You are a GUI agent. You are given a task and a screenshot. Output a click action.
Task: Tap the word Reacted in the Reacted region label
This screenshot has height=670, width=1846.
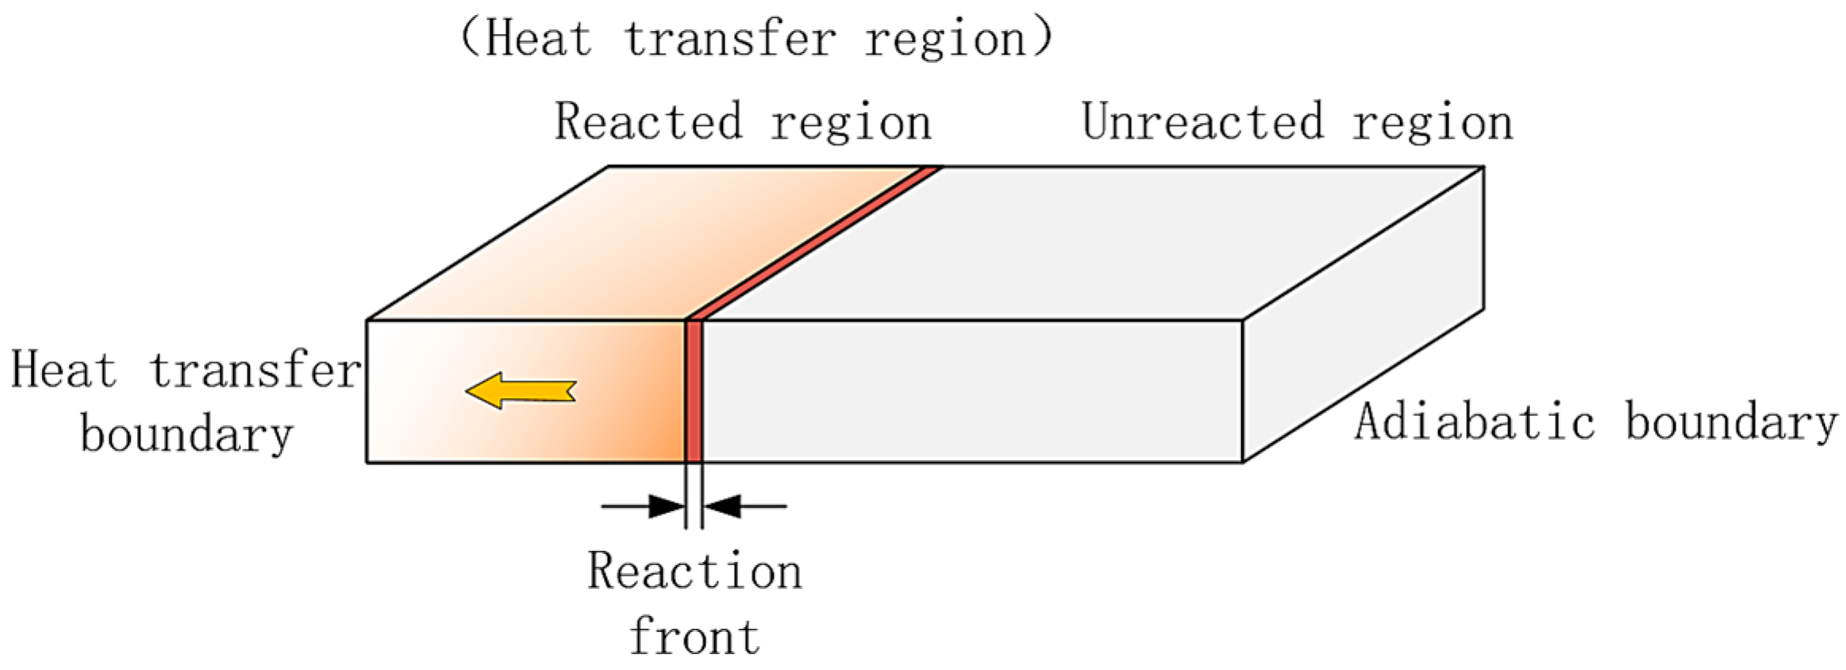tap(648, 122)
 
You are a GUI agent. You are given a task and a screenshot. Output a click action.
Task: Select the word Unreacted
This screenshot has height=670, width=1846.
tap(1203, 122)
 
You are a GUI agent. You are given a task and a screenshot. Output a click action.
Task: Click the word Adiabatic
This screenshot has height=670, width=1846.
tap(1475, 422)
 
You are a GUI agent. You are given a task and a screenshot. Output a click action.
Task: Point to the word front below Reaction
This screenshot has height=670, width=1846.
tap(694, 637)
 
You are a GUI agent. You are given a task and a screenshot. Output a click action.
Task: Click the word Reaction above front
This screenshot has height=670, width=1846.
tap(694, 571)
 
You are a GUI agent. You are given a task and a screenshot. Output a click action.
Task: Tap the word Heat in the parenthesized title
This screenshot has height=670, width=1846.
tap(539, 39)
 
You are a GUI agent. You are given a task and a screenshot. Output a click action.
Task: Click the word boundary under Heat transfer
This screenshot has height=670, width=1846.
tap(187, 435)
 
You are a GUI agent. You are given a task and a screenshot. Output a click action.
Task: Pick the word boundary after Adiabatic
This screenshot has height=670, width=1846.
tap(1731, 422)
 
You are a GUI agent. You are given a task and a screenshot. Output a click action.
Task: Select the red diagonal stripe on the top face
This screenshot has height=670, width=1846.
tap(813, 243)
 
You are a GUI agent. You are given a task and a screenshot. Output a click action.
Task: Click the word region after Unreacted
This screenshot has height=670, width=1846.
tap(1433, 122)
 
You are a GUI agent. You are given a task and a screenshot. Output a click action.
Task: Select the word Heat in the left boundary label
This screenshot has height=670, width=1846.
tap(63, 371)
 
